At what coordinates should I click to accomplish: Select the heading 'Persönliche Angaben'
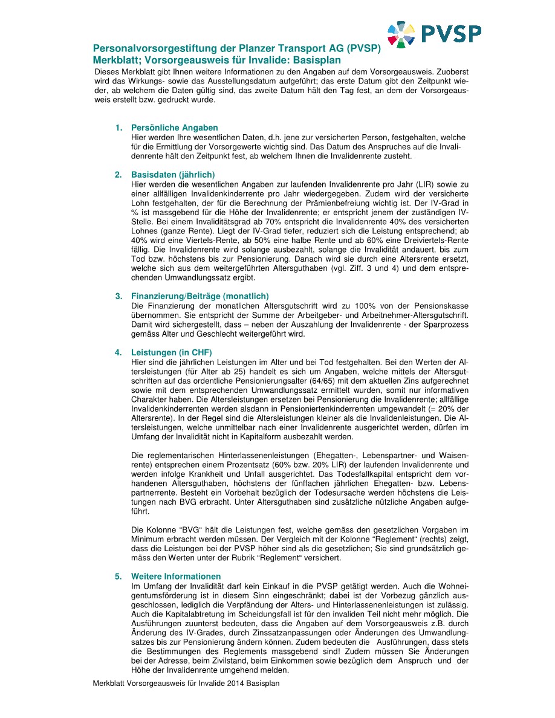[x=174, y=128]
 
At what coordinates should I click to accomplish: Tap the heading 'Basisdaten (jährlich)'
[x=172, y=175]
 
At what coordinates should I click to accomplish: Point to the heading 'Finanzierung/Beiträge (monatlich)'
[x=200, y=296]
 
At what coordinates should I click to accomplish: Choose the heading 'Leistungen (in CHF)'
[x=172, y=352]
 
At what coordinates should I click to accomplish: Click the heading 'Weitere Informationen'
[x=176, y=576]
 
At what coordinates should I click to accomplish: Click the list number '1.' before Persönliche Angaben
[x=119, y=128]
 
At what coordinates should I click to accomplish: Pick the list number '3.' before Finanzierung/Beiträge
[x=119, y=296]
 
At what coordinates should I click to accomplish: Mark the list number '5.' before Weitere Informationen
[x=119, y=576]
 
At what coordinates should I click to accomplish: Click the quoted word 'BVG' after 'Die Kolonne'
[x=183, y=530]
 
